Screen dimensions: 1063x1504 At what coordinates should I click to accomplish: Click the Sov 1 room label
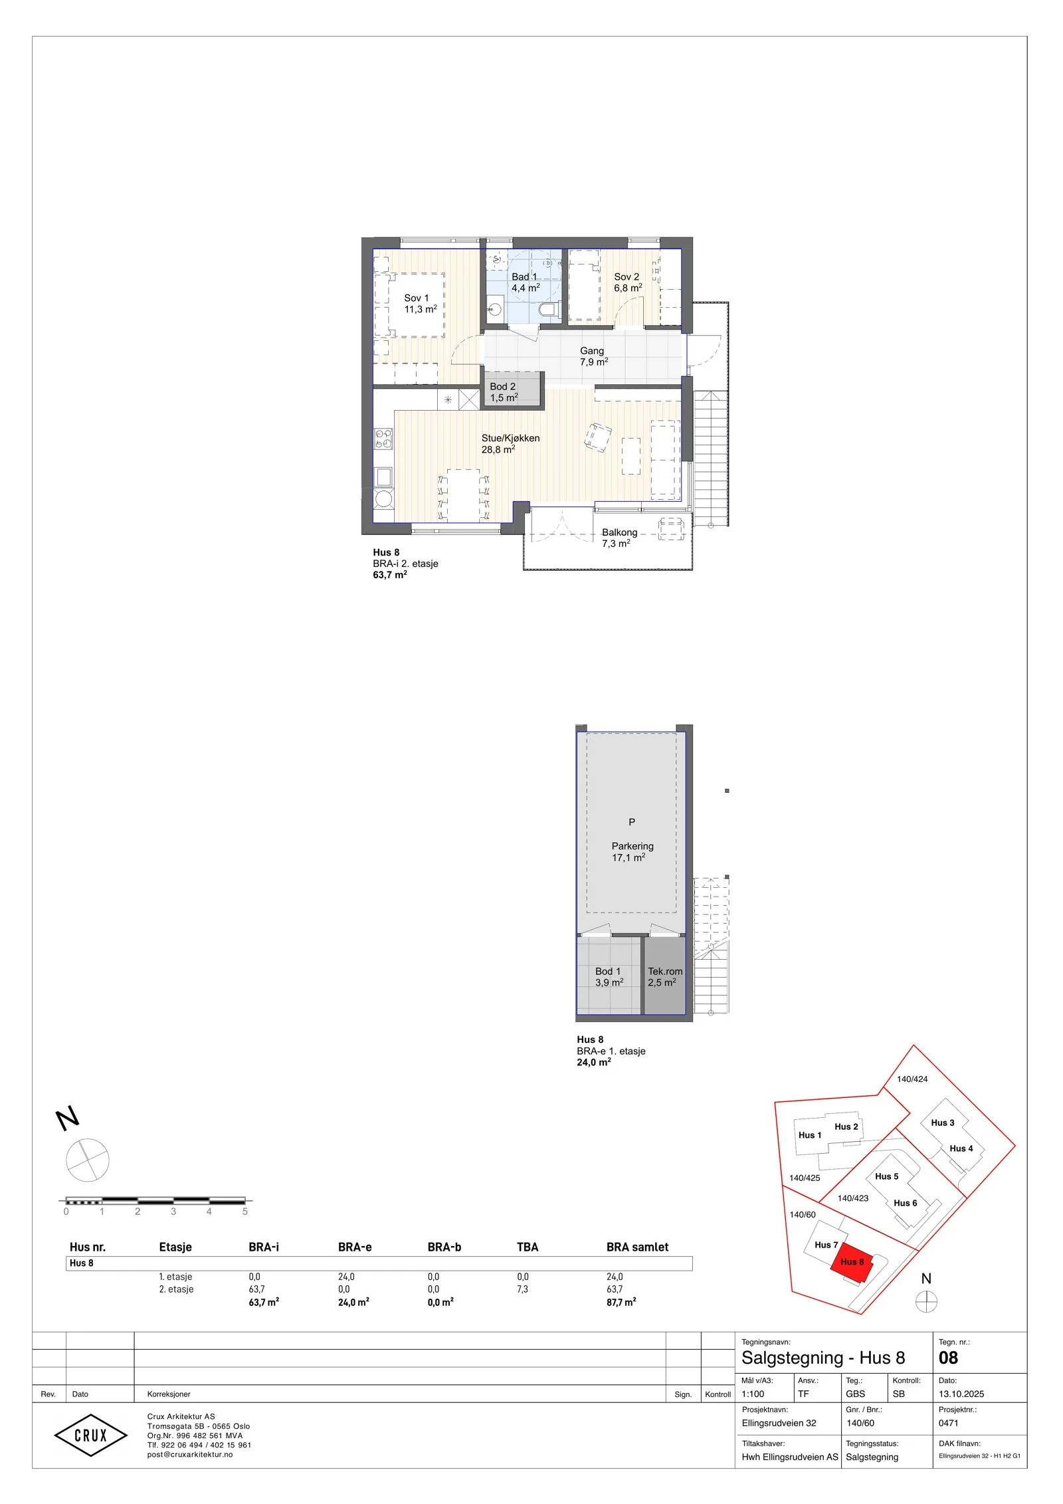421,304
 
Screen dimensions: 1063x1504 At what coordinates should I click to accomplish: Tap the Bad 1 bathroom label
525,282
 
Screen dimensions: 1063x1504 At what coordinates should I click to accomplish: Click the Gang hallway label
593,356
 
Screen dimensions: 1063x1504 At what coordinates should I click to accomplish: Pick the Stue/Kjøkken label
510,443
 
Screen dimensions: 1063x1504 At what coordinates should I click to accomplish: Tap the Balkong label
619,538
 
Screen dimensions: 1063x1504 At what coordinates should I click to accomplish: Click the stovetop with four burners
383,438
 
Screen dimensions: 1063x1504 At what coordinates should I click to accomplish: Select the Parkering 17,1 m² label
632,851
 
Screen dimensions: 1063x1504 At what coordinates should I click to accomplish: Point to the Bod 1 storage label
609,977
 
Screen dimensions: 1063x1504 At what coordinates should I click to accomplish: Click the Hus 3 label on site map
942,1123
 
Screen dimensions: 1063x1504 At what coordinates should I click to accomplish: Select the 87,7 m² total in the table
621,1302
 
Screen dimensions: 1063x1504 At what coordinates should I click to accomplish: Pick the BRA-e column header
355,1247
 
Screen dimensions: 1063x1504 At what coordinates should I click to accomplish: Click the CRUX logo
90,1436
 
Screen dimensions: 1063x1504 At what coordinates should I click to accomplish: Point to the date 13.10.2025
961,1394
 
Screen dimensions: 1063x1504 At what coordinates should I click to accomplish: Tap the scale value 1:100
753,1394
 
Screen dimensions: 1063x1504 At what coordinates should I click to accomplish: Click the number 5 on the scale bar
245,1212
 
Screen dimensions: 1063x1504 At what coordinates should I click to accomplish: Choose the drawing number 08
949,1358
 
